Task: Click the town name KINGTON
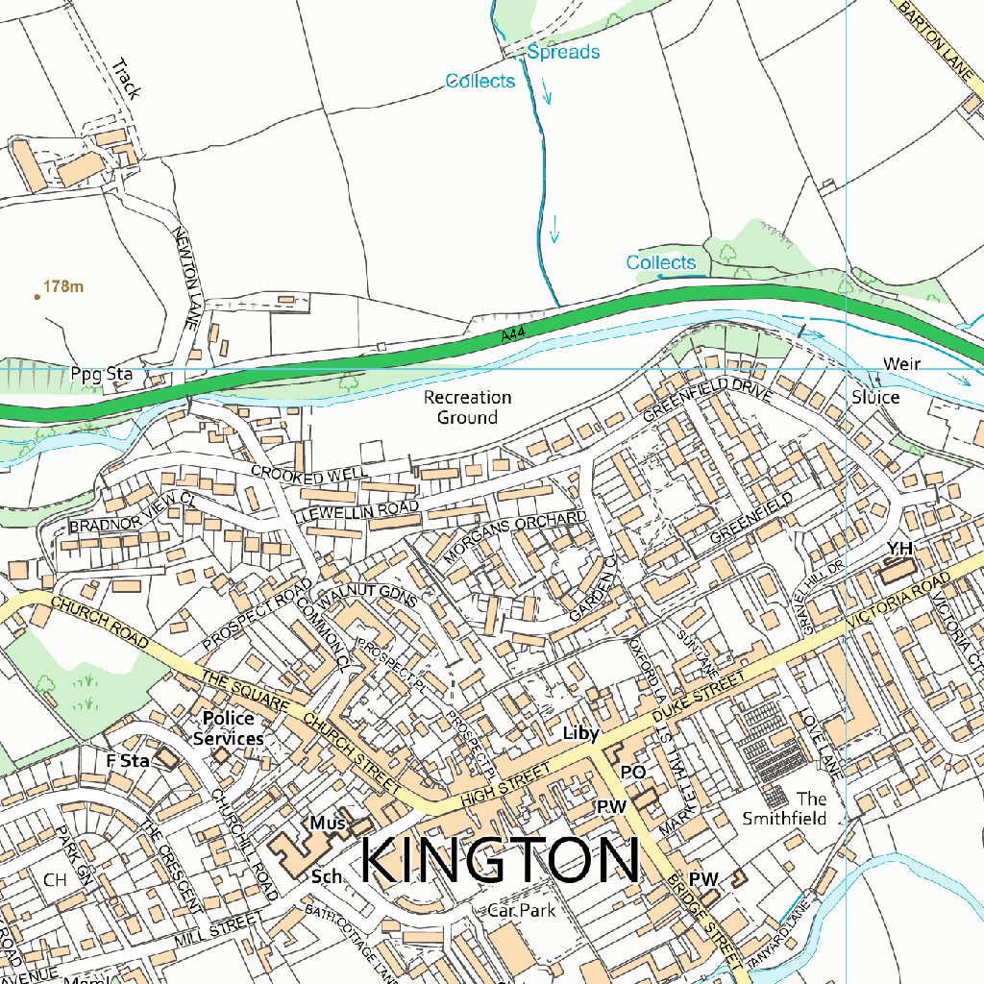[x=500, y=860]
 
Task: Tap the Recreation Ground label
[x=468, y=407]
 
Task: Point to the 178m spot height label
[x=63, y=286]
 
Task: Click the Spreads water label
[x=563, y=52]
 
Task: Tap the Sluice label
[x=874, y=397]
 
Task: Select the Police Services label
[x=229, y=728]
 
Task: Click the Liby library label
[x=580, y=734]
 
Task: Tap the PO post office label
[x=631, y=772]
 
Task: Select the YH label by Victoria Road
[x=898, y=548]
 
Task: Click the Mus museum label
[x=326, y=823]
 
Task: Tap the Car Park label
[x=521, y=910]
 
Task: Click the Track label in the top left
[x=125, y=80]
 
